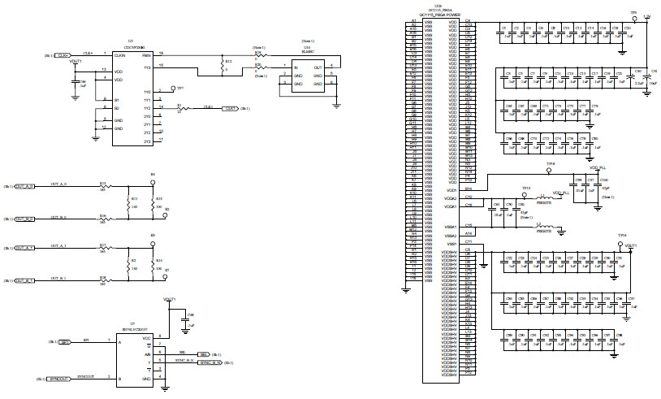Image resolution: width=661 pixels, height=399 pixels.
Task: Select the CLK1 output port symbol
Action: pyautogui.click(x=231, y=108)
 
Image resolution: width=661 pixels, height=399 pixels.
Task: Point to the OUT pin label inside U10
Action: pyautogui.click(x=318, y=67)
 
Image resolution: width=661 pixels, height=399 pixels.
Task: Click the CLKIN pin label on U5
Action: pyautogui.click(x=119, y=55)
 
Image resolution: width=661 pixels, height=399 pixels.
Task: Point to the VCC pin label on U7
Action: pyautogui.click(x=146, y=337)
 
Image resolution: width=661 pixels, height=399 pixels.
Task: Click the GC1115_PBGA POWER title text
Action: pyautogui.click(x=439, y=15)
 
